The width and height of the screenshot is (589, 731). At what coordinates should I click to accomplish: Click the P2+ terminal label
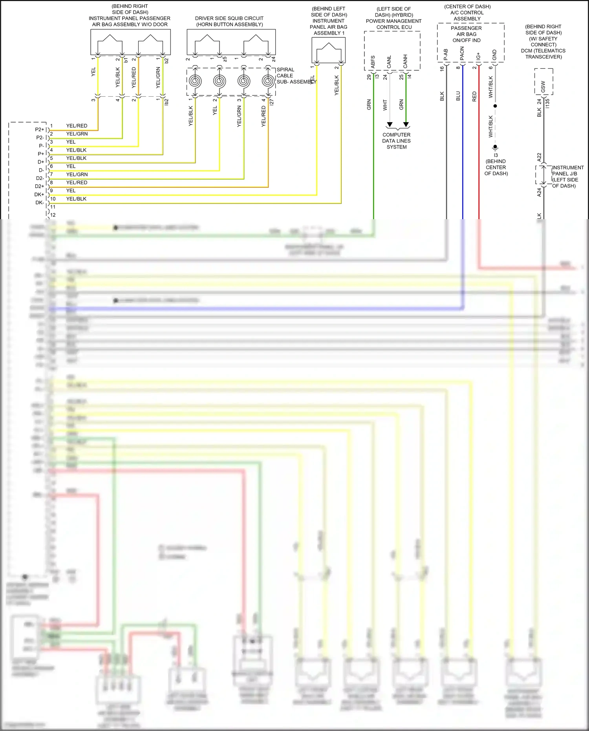point(39,129)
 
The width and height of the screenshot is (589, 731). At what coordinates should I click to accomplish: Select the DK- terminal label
point(39,203)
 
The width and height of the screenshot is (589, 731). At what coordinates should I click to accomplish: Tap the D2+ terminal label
point(39,186)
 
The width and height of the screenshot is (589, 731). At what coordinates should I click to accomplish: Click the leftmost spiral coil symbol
point(195,81)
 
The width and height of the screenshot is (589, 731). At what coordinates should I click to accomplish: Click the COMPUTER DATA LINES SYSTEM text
point(396,141)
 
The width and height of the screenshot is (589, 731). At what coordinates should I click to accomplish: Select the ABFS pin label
point(373,62)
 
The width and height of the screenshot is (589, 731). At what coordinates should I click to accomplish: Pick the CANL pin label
point(389,62)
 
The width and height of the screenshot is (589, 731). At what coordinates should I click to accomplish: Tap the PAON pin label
point(462,53)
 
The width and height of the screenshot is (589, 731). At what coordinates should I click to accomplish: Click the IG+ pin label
point(478,56)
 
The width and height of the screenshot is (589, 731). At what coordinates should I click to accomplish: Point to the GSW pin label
point(543,86)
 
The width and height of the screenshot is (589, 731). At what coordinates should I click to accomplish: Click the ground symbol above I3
point(495,147)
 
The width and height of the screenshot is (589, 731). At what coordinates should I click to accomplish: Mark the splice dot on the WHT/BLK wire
point(495,106)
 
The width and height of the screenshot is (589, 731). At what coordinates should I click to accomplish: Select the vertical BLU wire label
point(458,96)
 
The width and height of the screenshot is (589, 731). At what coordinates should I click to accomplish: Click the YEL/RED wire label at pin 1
point(77,126)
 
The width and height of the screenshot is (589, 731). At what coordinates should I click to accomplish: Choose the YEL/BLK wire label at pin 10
point(76,199)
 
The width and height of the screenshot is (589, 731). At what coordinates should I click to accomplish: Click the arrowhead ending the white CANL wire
point(390,125)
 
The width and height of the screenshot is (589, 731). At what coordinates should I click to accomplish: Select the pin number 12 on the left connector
point(53,215)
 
